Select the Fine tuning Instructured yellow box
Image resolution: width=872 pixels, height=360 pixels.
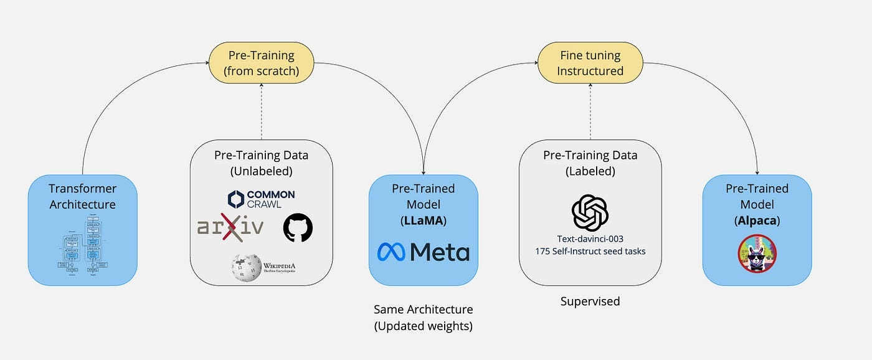[x=590, y=63]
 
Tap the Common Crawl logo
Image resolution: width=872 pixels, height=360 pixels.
[x=262, y=199]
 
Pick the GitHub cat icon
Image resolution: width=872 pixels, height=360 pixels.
[x=298, y=227]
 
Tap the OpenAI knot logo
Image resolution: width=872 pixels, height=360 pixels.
[x=589, y=212]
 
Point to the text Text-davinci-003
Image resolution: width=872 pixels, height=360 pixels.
[x=590, y=239]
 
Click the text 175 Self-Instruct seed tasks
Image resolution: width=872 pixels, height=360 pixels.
[x=590, y=252]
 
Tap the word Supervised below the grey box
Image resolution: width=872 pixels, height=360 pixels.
[x=590, y=301]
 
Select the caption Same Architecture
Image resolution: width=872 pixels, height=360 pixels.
[x=423, y=310]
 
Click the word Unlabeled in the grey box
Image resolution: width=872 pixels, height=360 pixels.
[x=262, y=170]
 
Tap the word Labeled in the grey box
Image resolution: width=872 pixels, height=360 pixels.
[x=590, y=170]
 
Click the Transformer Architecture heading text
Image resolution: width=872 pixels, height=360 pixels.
[x=82, y=196]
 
